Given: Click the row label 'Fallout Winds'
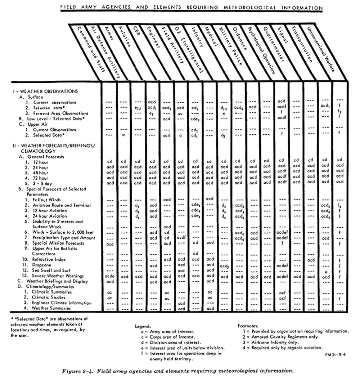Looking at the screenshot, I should click(47, 200).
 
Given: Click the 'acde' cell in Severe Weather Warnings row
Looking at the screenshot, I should click(109, 276).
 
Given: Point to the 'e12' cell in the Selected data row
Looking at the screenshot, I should click(138, 108).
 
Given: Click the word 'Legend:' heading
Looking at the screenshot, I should click(143, 326).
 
